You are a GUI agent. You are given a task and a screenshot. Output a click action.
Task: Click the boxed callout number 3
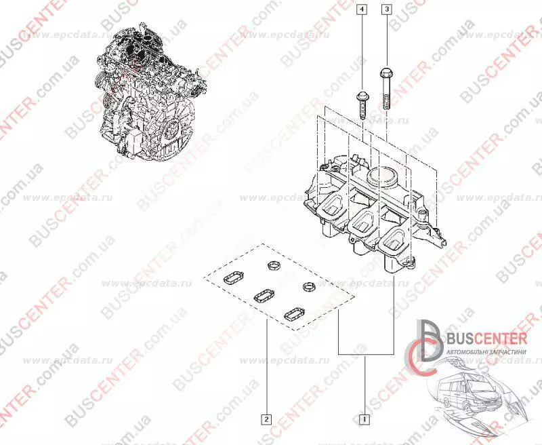pos(386,9)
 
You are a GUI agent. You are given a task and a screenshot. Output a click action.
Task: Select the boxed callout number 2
pos(268,419)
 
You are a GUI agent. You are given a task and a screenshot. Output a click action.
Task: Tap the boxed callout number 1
pos(364,419)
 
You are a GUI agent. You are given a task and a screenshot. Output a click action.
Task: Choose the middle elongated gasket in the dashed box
pos(262,296)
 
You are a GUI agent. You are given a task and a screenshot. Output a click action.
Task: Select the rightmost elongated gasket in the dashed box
pos(294,313)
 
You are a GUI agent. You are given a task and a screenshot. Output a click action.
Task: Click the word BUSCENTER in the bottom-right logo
pos(484,338)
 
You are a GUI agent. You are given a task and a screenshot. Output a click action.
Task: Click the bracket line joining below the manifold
pos(365,355)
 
